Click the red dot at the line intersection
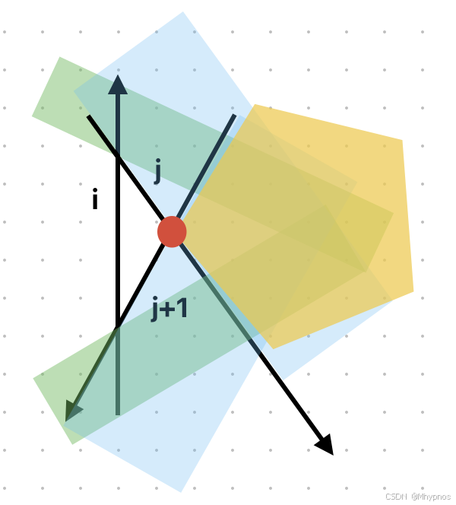click(172, 231)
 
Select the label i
click(95, 201)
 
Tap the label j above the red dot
click(157, 172)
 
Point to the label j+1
click(169, 310)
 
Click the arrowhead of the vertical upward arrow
click(118, 84)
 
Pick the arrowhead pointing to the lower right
click(325, 446)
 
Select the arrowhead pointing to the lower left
click(73, 411)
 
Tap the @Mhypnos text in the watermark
click(432, 497)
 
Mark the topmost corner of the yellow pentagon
click(255, 105)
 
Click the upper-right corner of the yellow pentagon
click(401, 141)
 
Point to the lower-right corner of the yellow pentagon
click(413, 291)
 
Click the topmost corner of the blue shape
click(183, 12)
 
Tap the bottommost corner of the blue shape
click(181, 491)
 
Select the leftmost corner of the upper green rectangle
click(32, 116)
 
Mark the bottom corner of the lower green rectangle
click(72, 444)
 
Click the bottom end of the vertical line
click(118, 414)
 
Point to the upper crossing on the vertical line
click(118, 159)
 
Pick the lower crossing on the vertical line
click(118, 326)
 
